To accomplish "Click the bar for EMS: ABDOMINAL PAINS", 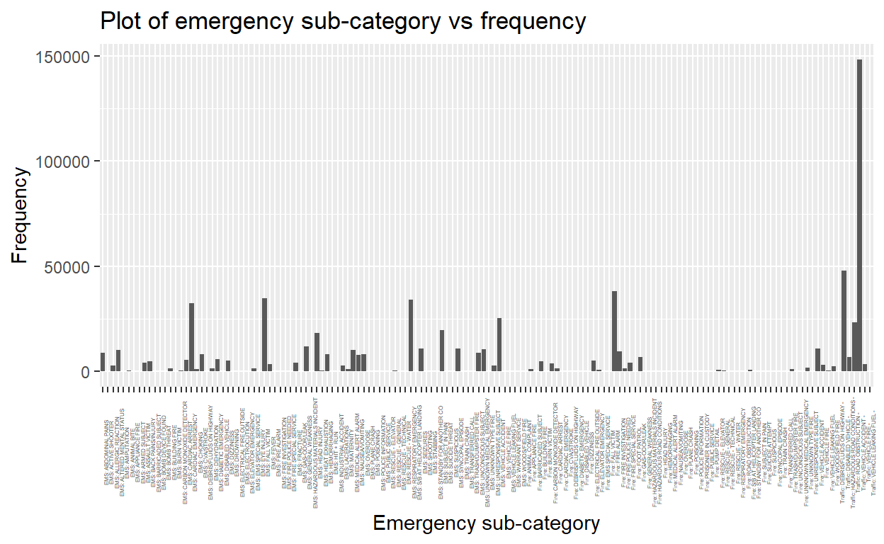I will coord(103,362).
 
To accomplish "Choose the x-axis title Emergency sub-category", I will coord(486,525).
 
